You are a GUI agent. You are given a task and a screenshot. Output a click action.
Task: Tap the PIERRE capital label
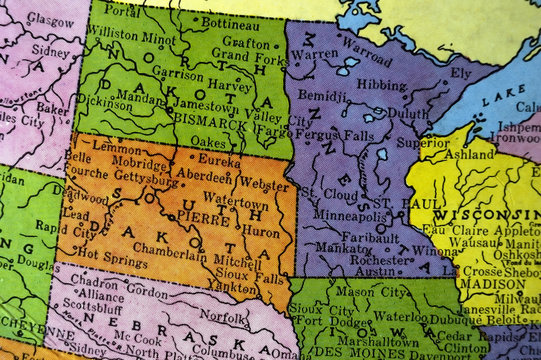pos(205,218)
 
